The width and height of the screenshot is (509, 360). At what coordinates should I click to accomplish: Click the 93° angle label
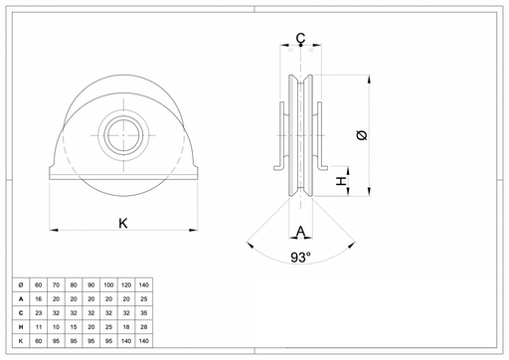[x=301, y=257]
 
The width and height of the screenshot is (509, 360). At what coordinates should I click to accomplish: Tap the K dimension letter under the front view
[x=123, y=224]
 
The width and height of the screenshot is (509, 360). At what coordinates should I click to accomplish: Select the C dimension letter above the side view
[x=300, y=38]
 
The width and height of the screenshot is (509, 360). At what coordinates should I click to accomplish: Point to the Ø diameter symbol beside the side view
[x=363, y=135]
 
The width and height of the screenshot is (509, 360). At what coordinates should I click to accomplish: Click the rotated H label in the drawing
[x=341, y=181]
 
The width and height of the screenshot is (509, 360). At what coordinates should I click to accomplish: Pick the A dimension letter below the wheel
[x=300, y=231]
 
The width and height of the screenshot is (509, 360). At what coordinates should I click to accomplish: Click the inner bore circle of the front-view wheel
[x=123, y=135]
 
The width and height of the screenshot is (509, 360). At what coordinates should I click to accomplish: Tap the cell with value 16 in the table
[x=39, y=299]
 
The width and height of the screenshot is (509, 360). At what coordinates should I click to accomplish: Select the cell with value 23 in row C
[x=39, y=313]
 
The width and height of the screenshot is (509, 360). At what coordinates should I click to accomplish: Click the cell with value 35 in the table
[x=144, y=313]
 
